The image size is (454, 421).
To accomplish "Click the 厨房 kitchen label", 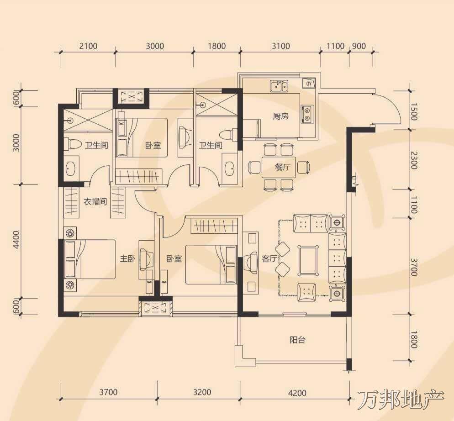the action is (x=280, y=116).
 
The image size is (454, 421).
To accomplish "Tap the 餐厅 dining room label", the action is (x=283, y=167).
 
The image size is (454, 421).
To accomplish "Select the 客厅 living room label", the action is (x=269, y=258).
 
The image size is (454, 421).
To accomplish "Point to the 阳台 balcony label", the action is (x=297, y=340).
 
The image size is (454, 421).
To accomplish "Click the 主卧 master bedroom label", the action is (x=128, y=258).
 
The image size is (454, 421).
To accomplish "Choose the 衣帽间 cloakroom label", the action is (x=95, y=201).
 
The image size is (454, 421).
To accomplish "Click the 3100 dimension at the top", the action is (x=280, y=46).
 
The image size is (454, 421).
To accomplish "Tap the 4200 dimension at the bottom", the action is (x=297, y=393).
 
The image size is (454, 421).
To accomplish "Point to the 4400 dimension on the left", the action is (x=16, y=239).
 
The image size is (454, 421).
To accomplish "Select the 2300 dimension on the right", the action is (x=414, y=160).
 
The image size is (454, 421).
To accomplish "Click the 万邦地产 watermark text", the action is (x=401, y=400).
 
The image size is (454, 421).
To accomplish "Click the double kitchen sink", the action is (x=279, y=86).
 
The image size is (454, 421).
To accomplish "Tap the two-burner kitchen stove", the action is (x=307, y=114).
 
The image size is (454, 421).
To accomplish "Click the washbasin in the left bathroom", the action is (x=71, y=168).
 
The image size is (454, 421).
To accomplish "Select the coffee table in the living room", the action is (x=308, y=260).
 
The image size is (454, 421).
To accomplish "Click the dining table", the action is (x=279, y=167).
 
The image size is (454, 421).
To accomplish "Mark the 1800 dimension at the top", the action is (x=216, y=46).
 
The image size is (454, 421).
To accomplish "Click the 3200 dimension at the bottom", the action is (x=202, y=392).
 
